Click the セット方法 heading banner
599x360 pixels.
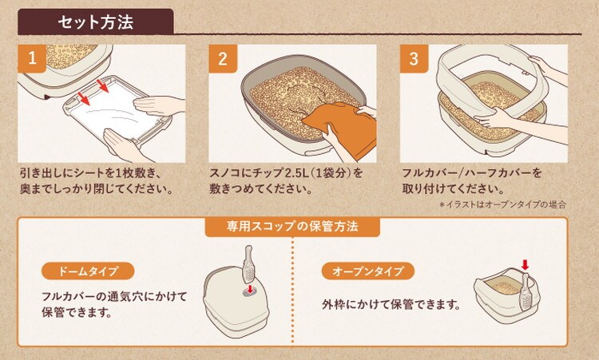tap(96, 22)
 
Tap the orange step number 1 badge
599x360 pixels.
tap(32, 58)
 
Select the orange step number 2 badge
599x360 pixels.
tap(223, 58)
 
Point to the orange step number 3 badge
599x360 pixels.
tap(414, 58)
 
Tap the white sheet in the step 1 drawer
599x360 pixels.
tap(114, 109)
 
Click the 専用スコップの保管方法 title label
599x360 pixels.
tap(292, 227)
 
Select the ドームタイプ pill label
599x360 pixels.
tap(88, 271)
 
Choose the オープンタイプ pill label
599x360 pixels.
tap(368, 271)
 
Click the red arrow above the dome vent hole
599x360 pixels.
tap(250, 289)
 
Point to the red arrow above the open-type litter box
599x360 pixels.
tap(526, 264)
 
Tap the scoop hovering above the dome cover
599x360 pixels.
tap(248, 264)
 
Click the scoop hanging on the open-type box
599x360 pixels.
tap(526, 292)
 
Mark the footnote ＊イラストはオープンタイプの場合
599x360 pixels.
tap(502, 204)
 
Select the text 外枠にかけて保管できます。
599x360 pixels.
tap(391, 304)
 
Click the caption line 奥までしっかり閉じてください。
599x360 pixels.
tap(97, 189)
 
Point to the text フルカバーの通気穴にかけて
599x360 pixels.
tap(114, 296)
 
